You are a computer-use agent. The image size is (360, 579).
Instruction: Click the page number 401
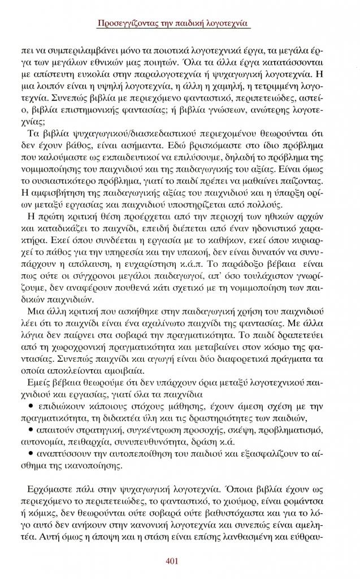(173, 561)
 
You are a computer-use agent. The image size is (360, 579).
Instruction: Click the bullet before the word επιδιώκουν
(30, 406)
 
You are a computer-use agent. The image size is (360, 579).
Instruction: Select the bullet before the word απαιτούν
(30, 430)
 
